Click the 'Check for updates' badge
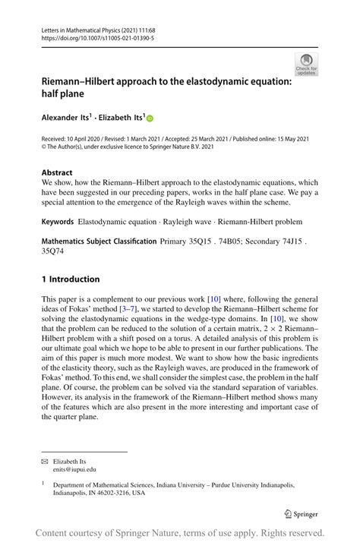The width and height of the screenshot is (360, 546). click(307, 65)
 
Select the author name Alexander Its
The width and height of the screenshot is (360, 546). click(67, 118)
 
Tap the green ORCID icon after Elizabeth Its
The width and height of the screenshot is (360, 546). click(150, 118)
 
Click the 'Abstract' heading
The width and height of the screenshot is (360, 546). click(57, 172)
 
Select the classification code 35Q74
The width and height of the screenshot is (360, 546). click(54, 251)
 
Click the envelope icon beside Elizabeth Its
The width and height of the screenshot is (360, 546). click(45, 460)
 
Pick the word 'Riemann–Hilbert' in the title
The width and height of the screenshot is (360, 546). click(79, 82)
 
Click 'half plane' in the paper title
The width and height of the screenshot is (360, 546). click(65, 95)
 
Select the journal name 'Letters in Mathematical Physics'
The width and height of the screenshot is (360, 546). click(81, 27)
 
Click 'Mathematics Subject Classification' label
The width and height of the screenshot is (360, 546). click(98, 241)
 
